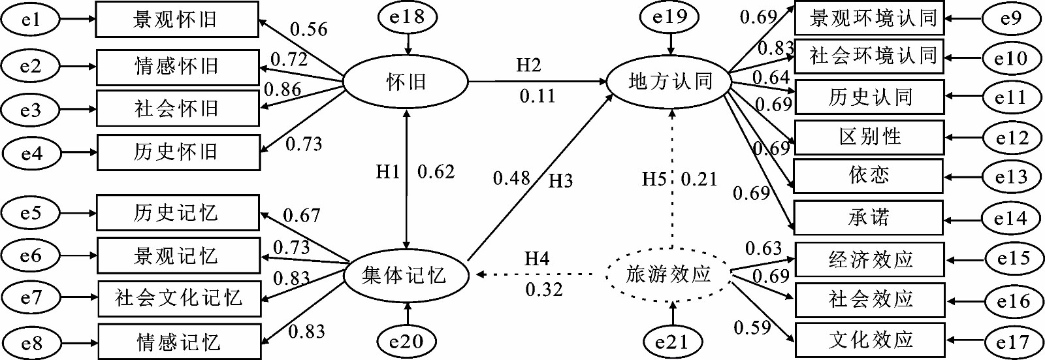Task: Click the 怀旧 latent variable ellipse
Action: [406, 82]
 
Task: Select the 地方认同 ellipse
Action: [670, 82]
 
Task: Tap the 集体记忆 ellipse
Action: [406, 276]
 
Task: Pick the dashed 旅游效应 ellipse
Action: [669, 274]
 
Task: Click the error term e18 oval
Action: [407, 17]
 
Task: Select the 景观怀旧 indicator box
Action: [177, 20]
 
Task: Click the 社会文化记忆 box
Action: [179, 299]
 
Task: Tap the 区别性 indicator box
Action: [869, 137]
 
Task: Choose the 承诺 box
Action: [868, 217]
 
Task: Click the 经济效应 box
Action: [869, 259]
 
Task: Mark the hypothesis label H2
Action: [528, 65]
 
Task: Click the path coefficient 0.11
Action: [538, 97]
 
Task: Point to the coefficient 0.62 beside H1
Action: [436, 172]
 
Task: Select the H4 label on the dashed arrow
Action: [537, 259]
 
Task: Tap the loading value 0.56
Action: [308, 29]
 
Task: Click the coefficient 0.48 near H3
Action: [511, 178]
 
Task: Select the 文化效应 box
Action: [870, 340]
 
